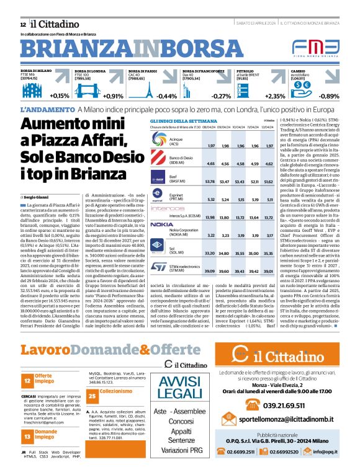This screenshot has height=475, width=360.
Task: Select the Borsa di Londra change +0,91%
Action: pos(113,96)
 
